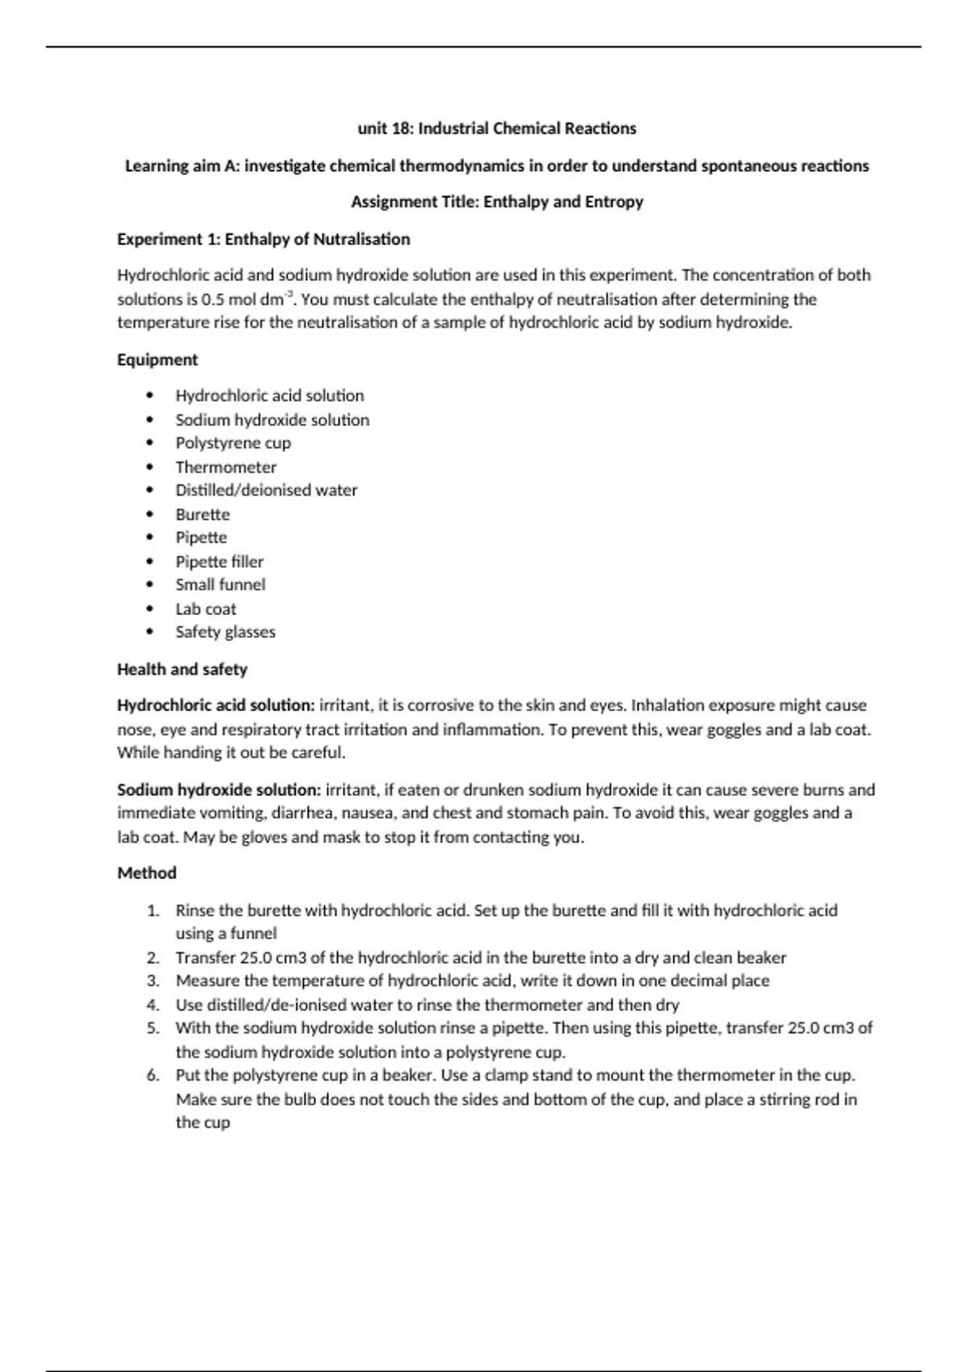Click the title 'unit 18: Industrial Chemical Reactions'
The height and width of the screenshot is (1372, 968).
[496, 128]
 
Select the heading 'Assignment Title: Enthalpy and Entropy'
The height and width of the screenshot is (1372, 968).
[496, 202]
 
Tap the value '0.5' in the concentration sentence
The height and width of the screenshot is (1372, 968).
[212, 299]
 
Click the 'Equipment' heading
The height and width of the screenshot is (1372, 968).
[157, 359]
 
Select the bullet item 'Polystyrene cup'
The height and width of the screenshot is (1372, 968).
[233, 443]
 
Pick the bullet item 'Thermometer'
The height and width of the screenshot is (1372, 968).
[226, 467]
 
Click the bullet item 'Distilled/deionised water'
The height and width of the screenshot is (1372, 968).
[266, 490]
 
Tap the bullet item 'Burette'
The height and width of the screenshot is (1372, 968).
[202, 514]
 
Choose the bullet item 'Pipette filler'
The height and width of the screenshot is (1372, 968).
[219, 562]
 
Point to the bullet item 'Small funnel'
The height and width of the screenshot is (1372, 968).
[220, 584]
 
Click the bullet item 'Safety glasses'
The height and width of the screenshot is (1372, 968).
[225, 632]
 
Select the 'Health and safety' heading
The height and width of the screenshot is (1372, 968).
[181, 669]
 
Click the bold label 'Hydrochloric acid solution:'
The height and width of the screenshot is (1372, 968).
[215, 705]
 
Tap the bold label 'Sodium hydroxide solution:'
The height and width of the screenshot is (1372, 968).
[219, 789]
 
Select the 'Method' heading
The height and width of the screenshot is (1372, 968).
[146, 873]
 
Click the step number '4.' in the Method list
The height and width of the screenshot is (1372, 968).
[153, 1005]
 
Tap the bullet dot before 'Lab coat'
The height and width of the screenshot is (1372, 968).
[150, 609]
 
